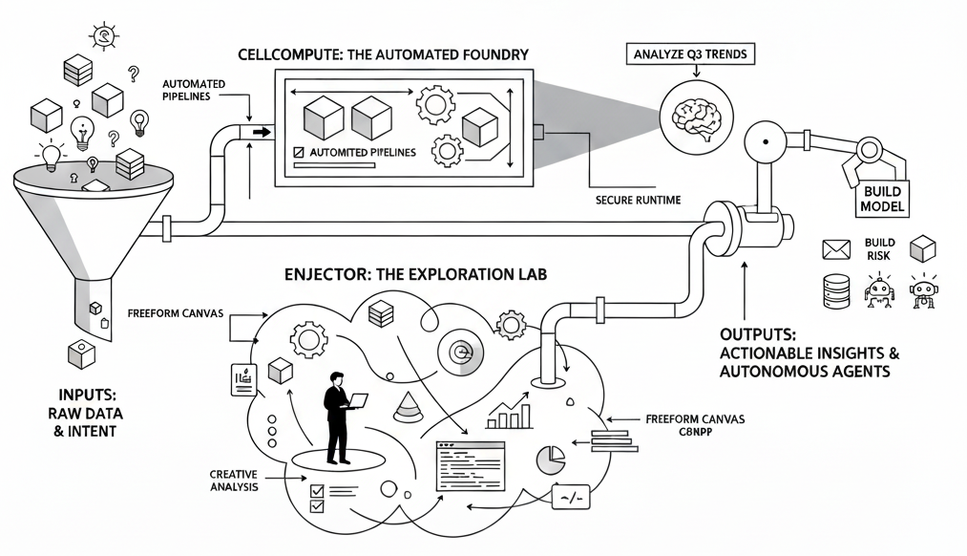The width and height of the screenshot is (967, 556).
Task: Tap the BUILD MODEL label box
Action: (882, 200)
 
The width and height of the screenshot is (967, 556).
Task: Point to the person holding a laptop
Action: (338, 416)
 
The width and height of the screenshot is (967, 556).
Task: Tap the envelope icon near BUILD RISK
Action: (835, 249)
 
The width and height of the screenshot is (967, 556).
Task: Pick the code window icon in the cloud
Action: (469, 465)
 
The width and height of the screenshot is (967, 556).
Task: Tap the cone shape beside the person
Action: (407, 409)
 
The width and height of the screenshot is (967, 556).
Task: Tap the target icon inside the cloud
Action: (459, 351)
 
